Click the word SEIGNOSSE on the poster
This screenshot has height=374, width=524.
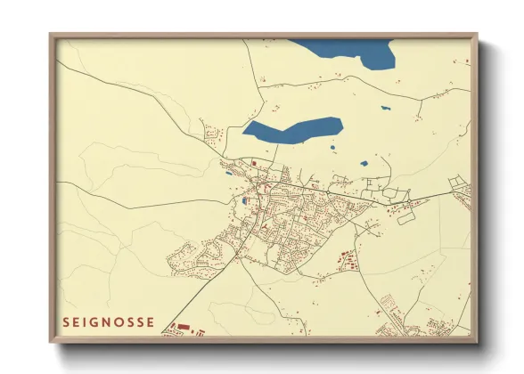108,322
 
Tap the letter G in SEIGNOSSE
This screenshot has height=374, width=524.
95,322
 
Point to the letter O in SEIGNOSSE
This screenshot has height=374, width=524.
120,322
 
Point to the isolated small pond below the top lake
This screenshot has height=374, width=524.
385,109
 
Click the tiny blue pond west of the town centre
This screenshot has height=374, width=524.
229,174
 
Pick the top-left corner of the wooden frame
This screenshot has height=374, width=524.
51,35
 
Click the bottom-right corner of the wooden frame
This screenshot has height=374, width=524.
477,341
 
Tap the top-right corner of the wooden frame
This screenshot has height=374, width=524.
477,35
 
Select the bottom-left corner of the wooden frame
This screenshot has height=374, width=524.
51,341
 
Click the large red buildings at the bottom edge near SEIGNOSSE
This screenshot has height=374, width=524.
184,328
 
